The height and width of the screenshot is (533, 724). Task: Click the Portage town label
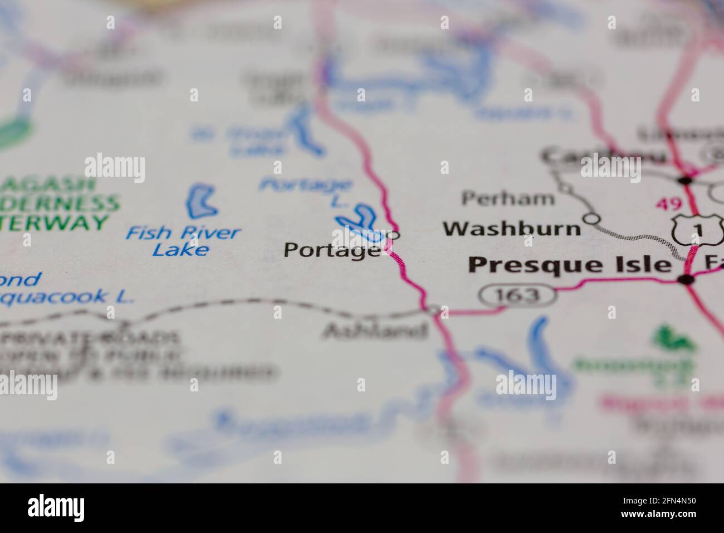(x=332, y=250)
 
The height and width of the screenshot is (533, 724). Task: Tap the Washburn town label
(x=511, y=229)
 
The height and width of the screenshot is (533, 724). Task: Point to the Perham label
(x=508, y=198)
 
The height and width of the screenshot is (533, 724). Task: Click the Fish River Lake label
(x=182, y=241)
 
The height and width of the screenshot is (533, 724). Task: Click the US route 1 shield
(x=697, y=228)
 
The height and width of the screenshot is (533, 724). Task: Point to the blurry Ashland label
(x=375, y=331)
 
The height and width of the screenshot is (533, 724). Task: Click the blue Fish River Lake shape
(x=202, y=202)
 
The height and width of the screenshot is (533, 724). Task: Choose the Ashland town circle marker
(x=434, y=308)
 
